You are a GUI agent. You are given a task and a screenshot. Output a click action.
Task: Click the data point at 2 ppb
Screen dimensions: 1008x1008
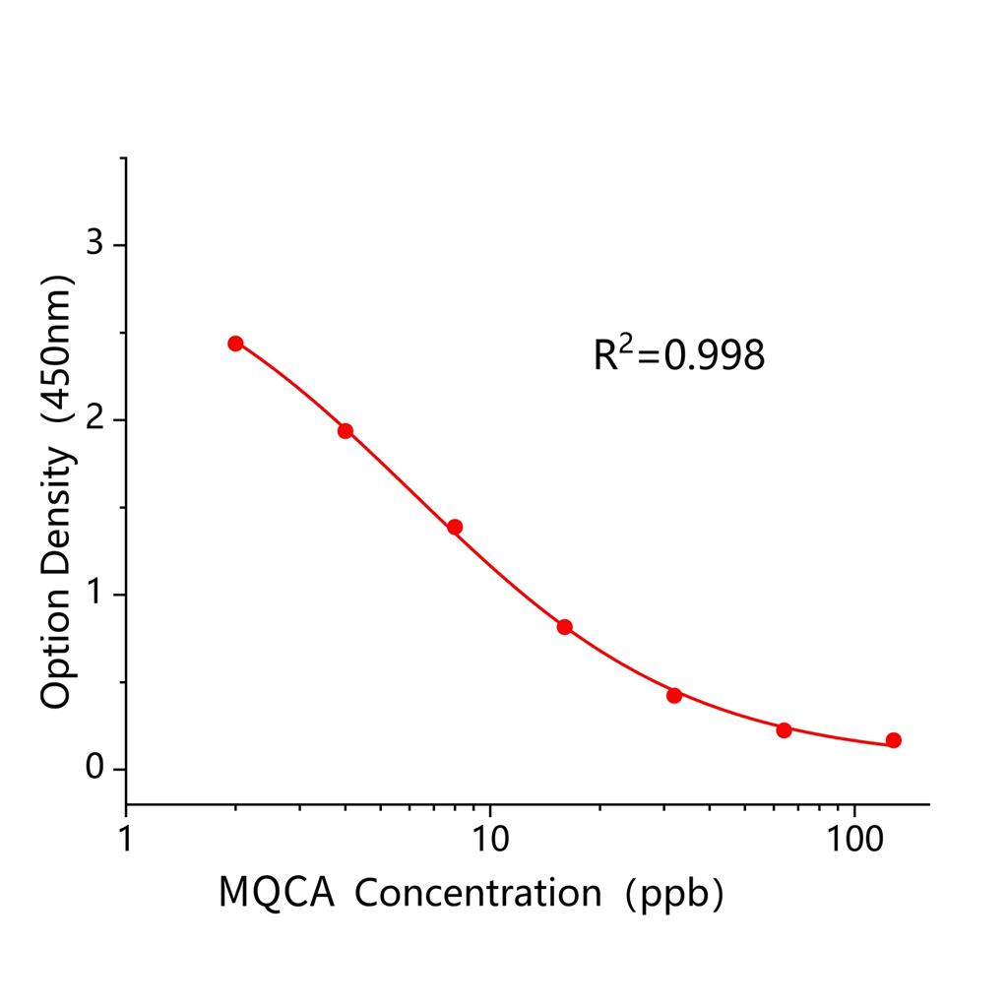pyautogui.click(x=235, y=343)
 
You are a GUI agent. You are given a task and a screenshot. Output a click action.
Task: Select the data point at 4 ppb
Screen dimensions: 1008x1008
pyautogui.click(x=346, y=430)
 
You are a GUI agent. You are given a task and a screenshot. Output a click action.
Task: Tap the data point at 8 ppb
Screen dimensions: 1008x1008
pyautogui.click(x=455, y=527)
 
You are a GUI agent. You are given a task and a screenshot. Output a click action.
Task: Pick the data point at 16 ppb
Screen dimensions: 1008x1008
pyautogui.click(x=564, y=627)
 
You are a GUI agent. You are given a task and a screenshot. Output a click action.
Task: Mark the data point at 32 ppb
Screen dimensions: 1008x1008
pyautogui.click(x=674, y=695)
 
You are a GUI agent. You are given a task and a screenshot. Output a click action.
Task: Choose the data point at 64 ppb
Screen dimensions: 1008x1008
pyautogui.click(x=784, y=729)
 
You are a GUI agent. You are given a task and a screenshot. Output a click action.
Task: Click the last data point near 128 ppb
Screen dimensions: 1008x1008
pyautogui.click(x=894, y=740)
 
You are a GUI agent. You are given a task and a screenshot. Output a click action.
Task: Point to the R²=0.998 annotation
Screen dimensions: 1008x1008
pyautogui.click(x=678, y=354)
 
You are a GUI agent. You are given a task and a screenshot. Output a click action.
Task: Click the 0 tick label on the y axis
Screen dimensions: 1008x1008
pyautogui.click(x=95, y=768)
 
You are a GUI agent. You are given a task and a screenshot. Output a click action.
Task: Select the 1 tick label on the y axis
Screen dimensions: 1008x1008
pyautogui.click(x=95, y=594)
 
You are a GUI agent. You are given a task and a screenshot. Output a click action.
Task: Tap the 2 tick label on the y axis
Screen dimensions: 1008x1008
pyautogui.click(x=95, y=418)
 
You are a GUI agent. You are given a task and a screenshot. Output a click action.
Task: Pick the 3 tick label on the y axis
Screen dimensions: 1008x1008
pyautogui.click(x=95, y=243)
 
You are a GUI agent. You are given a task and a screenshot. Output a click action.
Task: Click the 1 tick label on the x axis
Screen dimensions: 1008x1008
pyautogui.click(x=126, y=840)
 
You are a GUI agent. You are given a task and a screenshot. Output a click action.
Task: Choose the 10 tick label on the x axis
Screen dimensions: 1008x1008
pyautogui.click(x=490, y=840)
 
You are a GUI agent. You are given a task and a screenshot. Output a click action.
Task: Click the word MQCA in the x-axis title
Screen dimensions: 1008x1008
pyautogui.click(x=277, y=893)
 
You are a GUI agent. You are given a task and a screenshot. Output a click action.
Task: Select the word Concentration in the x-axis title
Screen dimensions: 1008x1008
pyautogui.click(x=478, y=893)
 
